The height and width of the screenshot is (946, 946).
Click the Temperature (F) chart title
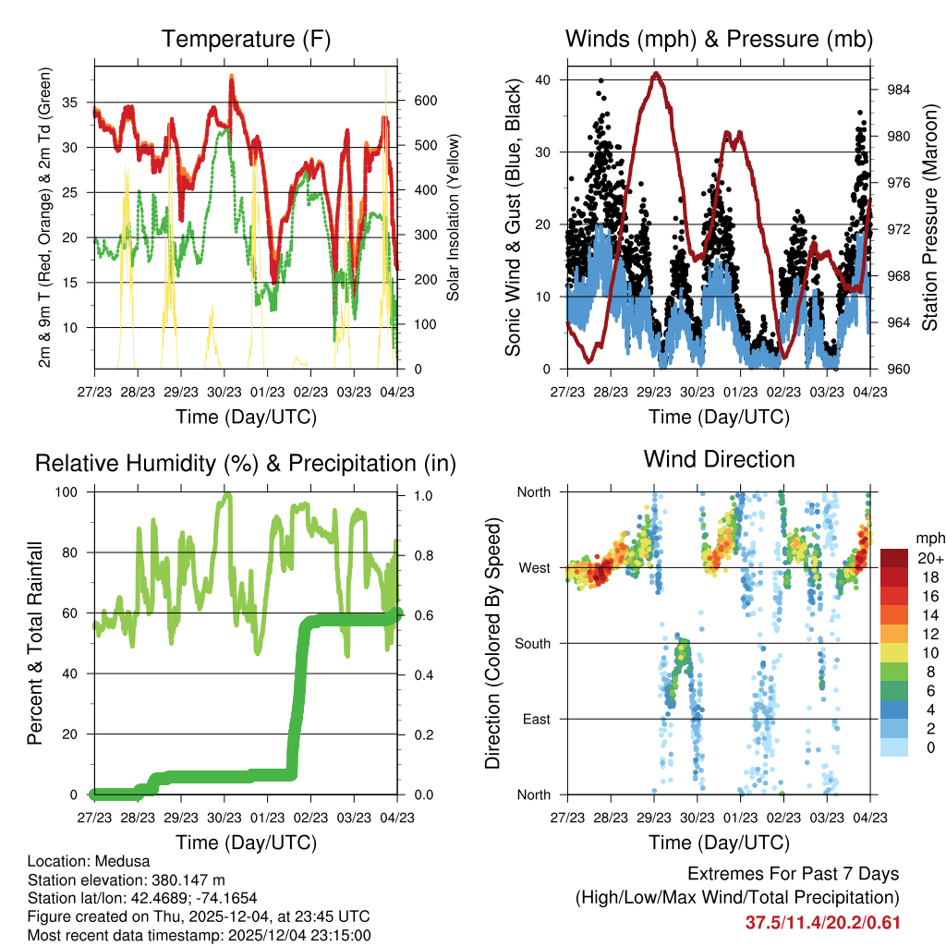tap(245, 39)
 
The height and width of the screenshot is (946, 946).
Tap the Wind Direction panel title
tap(719, 459)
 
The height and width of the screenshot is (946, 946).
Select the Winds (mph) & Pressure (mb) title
tap(719, 39)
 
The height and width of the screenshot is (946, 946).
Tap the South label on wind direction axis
tap(533, 643)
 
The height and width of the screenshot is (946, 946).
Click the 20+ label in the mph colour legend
tap(929, 558)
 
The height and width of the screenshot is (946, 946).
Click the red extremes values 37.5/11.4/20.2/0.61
tap(822, 922)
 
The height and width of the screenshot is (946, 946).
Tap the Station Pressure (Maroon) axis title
tap(930, 217)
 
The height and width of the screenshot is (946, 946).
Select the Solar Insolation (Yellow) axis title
tap(454, 217)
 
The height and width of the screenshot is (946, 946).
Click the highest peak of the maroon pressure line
tap(656, 74)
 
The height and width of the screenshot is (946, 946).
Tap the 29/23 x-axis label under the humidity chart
tap(181, 818)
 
